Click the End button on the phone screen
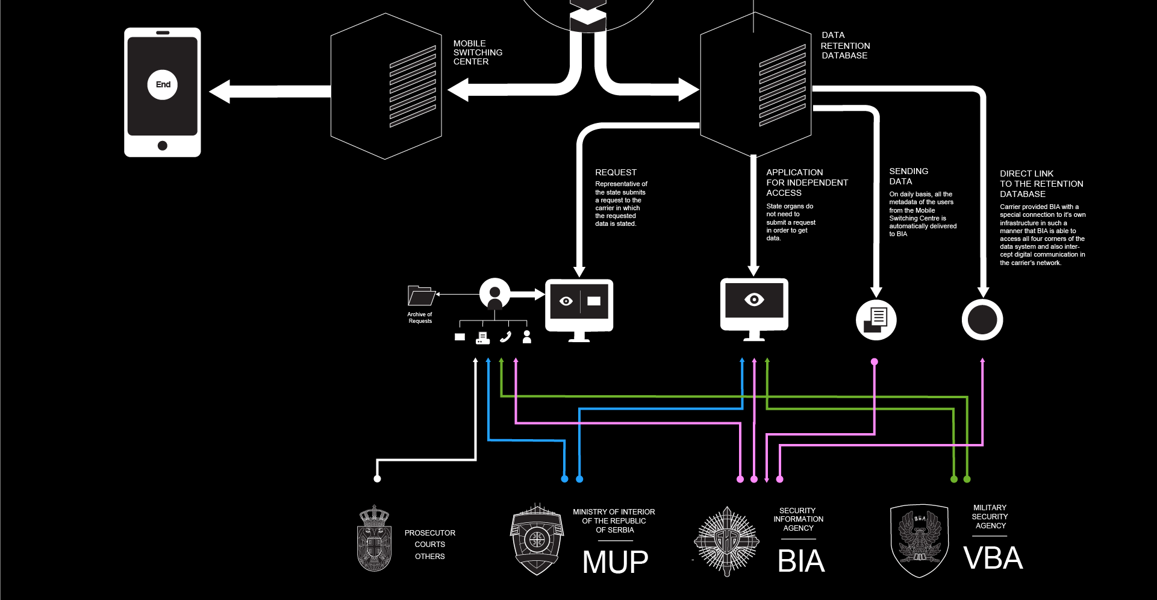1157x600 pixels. tap(163, 84)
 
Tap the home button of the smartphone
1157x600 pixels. tap(162, 145)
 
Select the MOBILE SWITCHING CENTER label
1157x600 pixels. tap(478, 52)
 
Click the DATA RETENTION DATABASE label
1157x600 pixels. tap(845, 45)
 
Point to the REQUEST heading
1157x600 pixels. tap(616, 172)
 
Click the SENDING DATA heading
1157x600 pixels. tap(908, 176)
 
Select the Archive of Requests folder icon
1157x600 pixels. tap(420, 296)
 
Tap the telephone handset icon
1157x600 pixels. tap(505, 337)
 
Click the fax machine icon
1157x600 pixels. tap(482, 337)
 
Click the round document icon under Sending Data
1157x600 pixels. tap(876, 319)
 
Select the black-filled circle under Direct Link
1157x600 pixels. tap(982, 319)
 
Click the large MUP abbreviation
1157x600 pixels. tap(615, 562)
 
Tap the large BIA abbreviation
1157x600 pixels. tap(800, 561)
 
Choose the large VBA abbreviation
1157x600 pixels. tap(993, 558)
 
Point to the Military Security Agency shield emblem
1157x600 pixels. tap(919, 540)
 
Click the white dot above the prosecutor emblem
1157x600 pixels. tap(377, 479)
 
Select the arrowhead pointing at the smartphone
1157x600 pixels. tap(219, 92)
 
